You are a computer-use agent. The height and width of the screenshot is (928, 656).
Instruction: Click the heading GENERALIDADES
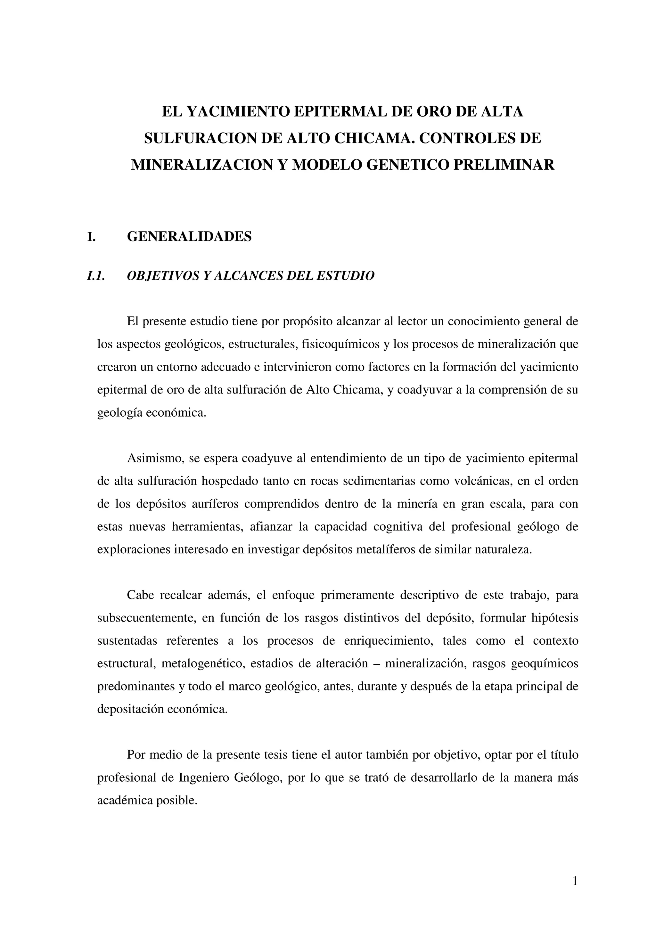click(x=189, y=236)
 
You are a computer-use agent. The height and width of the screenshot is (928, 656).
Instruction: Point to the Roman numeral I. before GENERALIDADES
click(x=92, y=236)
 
